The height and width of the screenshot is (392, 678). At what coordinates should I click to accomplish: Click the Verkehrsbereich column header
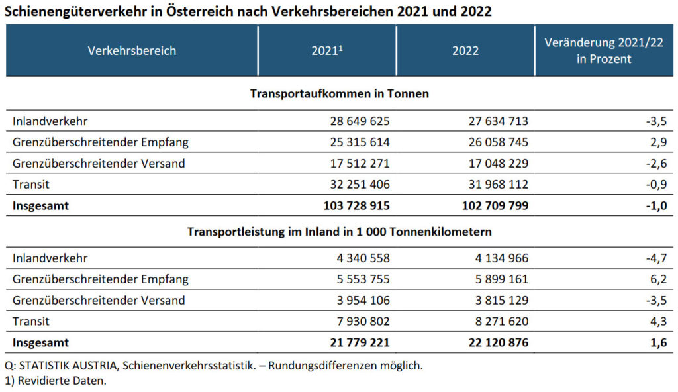[x=132, y=50]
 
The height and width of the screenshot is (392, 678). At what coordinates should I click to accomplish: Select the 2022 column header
[x=465, y=50]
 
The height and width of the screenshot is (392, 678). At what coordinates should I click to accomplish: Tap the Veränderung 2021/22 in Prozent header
[x=604, y=50]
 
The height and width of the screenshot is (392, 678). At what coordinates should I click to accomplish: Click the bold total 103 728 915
[x=356, y=205]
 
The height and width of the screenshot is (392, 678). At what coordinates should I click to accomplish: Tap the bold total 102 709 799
[x=494, y=205]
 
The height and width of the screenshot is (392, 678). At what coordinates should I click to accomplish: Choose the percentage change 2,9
[x=657, y=142]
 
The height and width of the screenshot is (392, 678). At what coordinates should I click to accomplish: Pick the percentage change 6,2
[x=657, y=279]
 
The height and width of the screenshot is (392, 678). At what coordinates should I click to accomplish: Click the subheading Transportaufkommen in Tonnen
[x=339, y=94]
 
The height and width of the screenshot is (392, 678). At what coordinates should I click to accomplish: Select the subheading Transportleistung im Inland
[x=339, y=232]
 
